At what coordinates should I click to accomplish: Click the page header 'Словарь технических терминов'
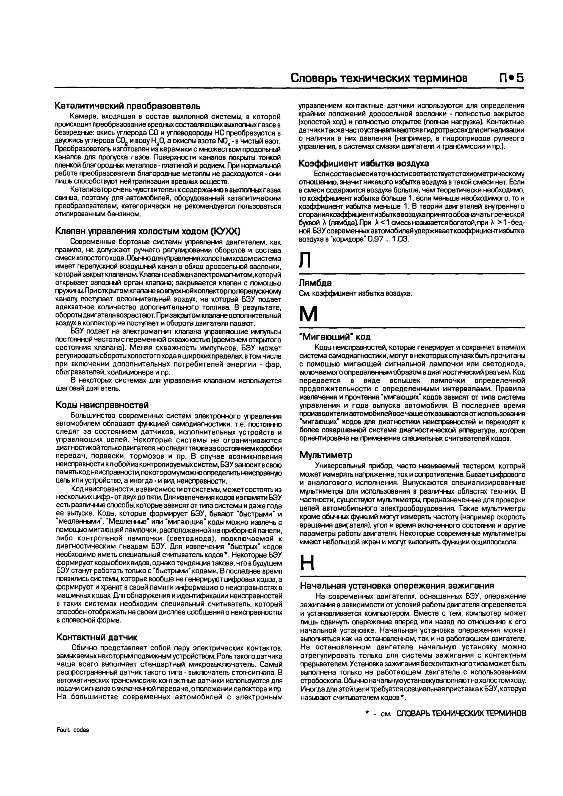(379, 78)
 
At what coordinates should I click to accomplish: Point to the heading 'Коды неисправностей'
(102, 405)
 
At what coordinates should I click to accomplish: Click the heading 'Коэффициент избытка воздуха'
(364, 163)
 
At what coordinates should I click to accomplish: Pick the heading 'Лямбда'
(315, 283)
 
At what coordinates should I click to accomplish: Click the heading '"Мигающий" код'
(335, 337)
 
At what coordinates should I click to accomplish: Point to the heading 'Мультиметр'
(326, 455)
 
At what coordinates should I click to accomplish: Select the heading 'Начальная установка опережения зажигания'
(397, 586)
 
